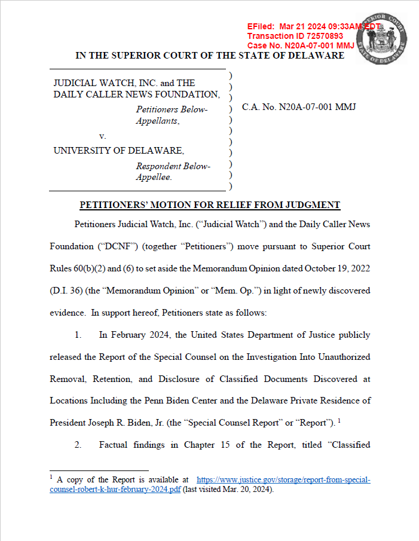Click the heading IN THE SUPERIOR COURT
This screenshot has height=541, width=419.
(x=209, y=56)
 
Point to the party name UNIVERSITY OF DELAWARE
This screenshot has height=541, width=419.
(x=119, y=151)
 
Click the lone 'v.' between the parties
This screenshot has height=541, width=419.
(x=103, y=136)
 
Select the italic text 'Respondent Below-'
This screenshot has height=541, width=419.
(x=173, y=166)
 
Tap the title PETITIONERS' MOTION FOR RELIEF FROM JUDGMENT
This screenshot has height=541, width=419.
(x=210, y=205)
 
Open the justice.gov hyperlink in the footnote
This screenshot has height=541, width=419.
(x=283, y=480)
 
